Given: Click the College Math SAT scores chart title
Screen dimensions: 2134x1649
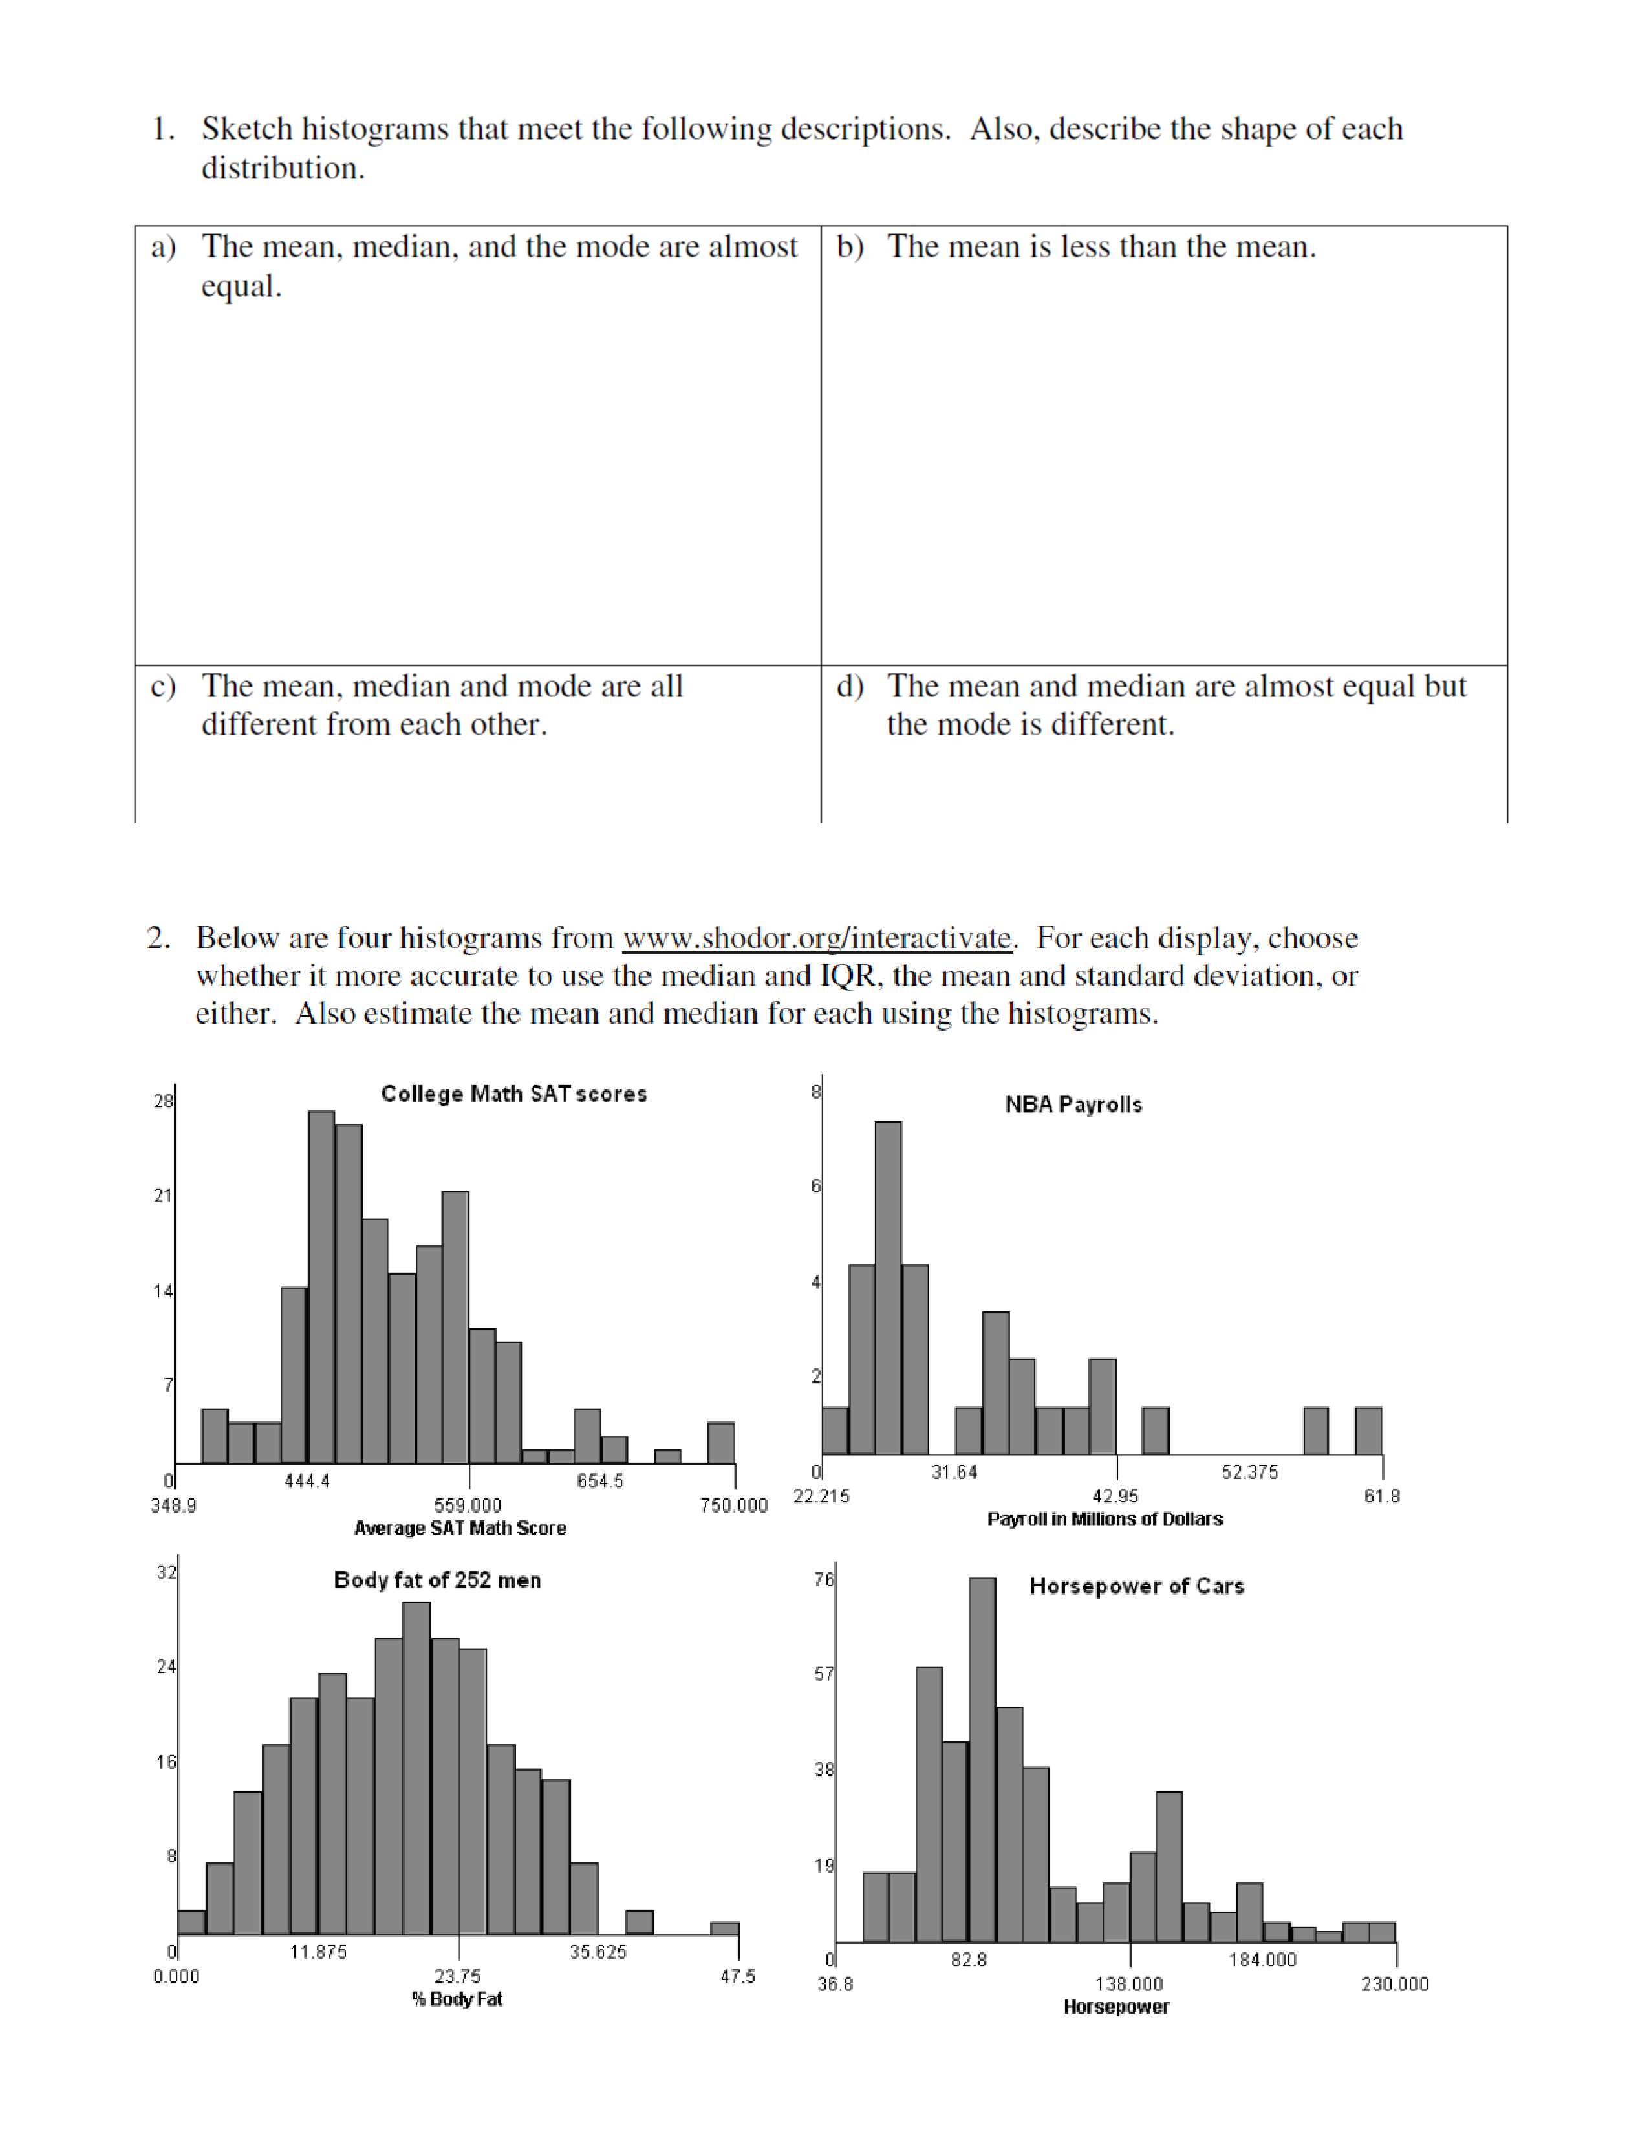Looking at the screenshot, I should [x=514, y=1094].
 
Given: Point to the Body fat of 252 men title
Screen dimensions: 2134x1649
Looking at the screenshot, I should [x=438, y=1580].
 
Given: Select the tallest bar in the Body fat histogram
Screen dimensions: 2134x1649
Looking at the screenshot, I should [x=416, y=1769].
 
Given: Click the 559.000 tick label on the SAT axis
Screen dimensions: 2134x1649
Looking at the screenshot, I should [x=468, y=1505].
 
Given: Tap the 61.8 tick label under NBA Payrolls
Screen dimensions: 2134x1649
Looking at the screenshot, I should [x=1381, y=1496].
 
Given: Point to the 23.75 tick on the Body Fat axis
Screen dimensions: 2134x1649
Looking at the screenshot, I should [x=457, y=1977].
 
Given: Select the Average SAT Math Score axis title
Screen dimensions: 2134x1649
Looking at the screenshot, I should [x=460, y=1528].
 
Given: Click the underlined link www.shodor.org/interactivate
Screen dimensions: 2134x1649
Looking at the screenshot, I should [x=817, y=938].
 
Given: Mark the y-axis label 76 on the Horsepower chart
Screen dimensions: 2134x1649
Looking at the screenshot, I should [x=824, y=1580].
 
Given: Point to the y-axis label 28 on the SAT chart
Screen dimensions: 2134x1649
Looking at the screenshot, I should [x=163, y=1101].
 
